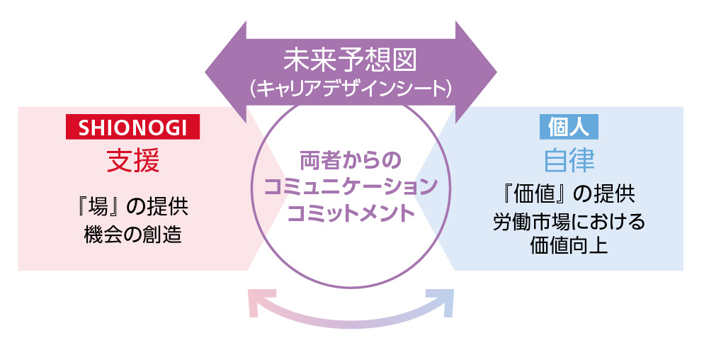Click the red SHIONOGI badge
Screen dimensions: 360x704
click(x=132, y=127)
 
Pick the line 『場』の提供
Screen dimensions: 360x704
click(x=132, y=206)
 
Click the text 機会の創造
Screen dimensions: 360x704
click(x=132, y=233)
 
